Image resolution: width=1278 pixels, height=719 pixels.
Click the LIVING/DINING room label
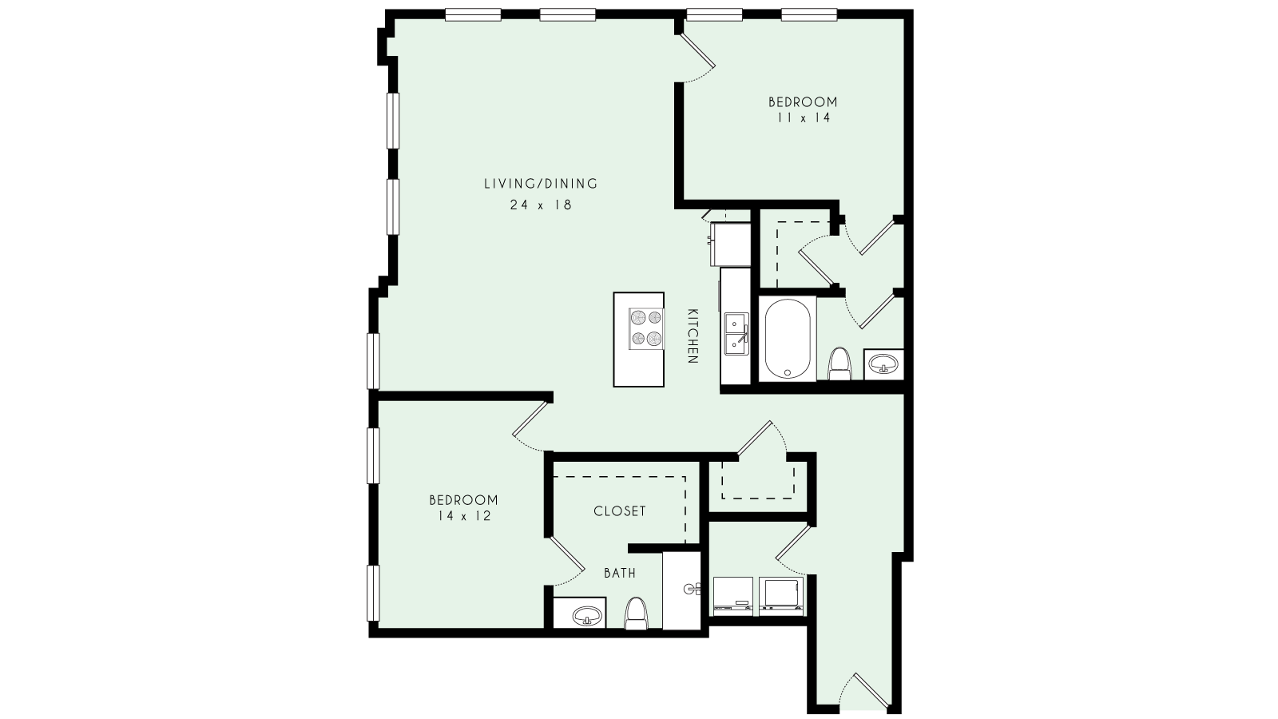pyautogui.click(x=541, y=184)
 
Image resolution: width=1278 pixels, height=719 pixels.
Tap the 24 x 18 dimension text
pyautogui.click(x=541, y=205)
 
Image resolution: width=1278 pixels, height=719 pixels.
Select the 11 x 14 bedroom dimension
pyautogui.click(x=803, y=118)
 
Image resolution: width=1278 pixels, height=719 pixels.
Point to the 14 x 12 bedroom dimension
pyautogui.click(x=463, y=516)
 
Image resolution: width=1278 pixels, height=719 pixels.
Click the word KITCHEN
pyautogui.click(x=693, y=336)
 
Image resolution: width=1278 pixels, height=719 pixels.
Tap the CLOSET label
pyautogui.click(x=620, y=511)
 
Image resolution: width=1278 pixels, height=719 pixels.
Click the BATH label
pyautogui.click(x=620, y=573)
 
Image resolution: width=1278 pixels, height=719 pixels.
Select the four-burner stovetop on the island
pyautogui.click(x=646, y=328)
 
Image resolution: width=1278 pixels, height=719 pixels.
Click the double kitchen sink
pyautogui.click(x=735, y=335)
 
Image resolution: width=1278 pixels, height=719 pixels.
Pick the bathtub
pyautogui.click(x=788, y=338)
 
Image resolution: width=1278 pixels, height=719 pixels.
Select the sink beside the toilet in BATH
pyautogui.click(x=589, y=615)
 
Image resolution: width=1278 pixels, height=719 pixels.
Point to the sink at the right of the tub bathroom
pyautogui.click(x=883, y=365)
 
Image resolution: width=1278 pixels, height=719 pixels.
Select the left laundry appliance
pyautogui.click(x=732, y=596)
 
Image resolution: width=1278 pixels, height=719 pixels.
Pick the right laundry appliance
pyautogui.click(x=783, y=596)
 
